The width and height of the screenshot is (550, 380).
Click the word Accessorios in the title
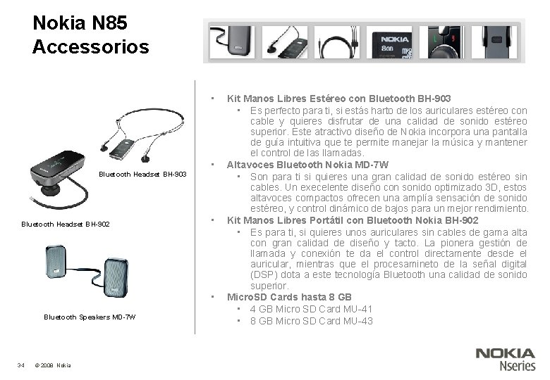(91, 47)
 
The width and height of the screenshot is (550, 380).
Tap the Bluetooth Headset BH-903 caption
(142, 174)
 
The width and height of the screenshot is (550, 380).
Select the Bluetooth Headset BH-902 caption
(65, 224)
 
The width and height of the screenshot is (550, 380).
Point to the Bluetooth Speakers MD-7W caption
(90, 317)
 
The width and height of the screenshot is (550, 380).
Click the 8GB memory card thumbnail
(395, 43)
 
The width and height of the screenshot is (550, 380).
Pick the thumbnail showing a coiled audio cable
(337, 43)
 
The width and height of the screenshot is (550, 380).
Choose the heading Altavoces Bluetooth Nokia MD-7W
(307, 165)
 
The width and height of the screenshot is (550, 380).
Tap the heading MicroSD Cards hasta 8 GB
(289, 297)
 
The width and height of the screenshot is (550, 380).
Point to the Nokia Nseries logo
(505, 359)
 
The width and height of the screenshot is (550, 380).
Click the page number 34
(21, 365)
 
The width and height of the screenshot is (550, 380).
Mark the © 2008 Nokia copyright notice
(52, 365)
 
